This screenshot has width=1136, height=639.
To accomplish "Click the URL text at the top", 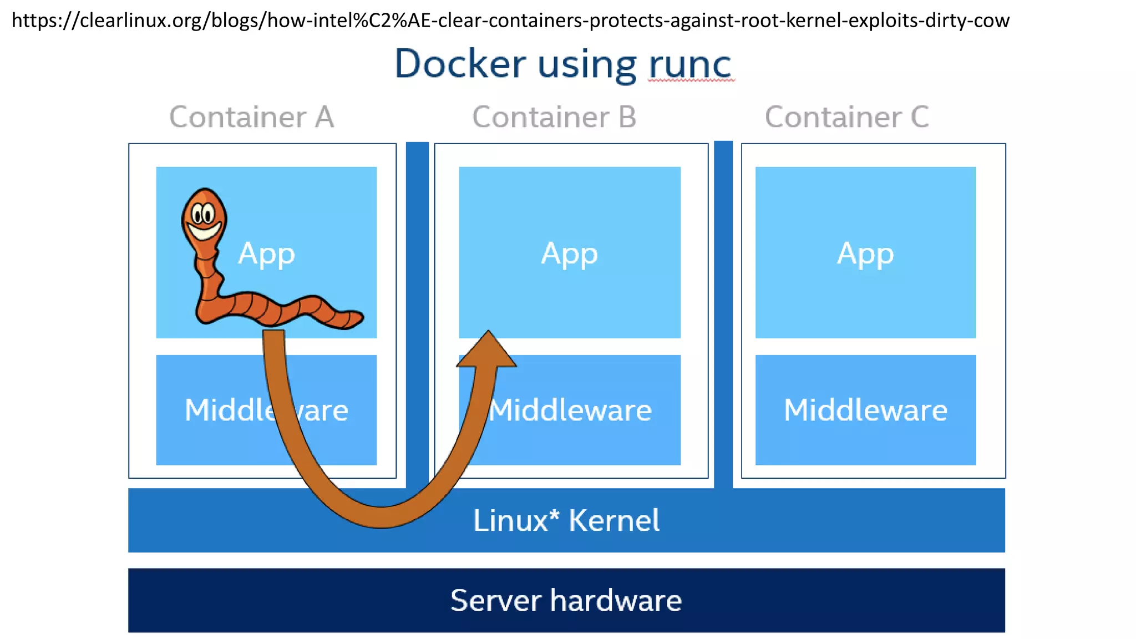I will click(510, 21).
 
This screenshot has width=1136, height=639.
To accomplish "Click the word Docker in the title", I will click(460, 64).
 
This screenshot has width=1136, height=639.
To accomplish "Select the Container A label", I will click(251, 117).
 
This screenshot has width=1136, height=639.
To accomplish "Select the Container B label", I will click(554, 117).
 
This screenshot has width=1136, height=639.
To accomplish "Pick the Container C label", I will click(846, 117).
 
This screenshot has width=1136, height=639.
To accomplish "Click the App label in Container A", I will click(267, 254).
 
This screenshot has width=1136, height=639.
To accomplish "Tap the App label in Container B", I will click(570, 254).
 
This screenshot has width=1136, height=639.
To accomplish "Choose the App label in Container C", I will click(865, 254).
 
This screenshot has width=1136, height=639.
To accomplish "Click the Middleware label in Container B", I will click(570, 410).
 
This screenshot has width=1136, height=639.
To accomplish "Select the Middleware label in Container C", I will click(865, 410).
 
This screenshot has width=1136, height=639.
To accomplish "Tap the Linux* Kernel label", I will click(566, 520).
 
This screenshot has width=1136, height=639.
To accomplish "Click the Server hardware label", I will click(566, 600).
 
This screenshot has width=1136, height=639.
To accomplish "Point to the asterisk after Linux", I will click(554, 513).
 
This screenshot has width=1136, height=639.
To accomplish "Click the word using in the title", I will click(587, 65).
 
